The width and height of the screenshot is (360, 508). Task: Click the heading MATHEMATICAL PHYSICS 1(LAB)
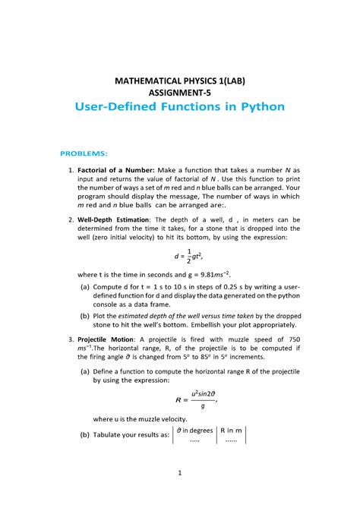179,80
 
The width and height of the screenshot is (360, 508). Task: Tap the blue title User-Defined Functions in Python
179,107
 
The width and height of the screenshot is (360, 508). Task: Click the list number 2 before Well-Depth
70,219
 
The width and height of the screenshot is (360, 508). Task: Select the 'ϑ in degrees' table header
194,431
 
